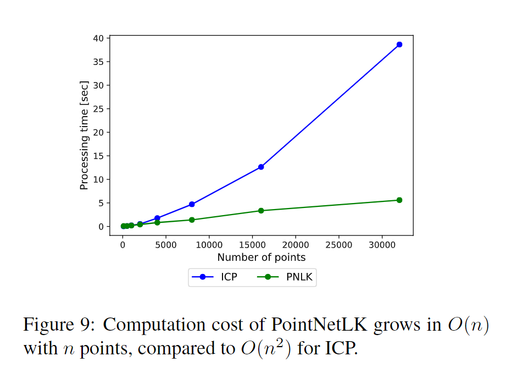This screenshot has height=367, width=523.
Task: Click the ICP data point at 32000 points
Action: coord(399,45)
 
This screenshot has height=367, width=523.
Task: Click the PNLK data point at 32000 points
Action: coord(399,200)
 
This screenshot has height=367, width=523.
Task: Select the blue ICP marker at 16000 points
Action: coord(261,167)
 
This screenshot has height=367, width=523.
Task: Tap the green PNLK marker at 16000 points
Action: coord(261,211)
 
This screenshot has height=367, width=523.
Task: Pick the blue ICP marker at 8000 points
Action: coord(192,204)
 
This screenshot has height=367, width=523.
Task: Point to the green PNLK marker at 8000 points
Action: coord(192,220)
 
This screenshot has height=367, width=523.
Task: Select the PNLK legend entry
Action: coord(286,277)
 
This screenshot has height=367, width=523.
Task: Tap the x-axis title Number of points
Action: coord(261,258)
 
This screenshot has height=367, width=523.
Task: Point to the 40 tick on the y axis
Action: coord(98,38)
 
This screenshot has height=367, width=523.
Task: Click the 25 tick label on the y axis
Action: coord(98,109)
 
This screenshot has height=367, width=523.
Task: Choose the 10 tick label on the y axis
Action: coord(98,179)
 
